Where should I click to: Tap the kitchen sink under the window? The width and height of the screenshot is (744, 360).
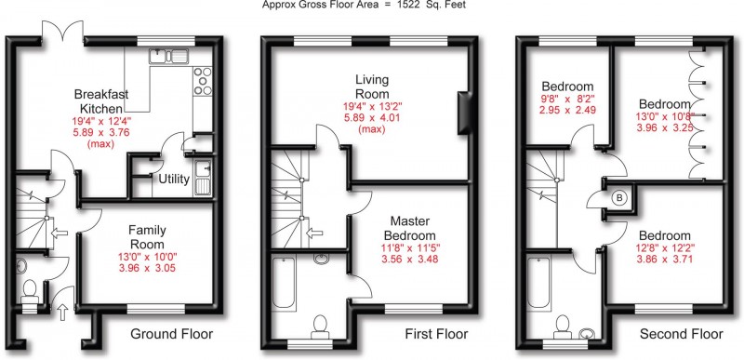(170, 55)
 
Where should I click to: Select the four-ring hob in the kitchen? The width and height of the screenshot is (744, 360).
(200, 85)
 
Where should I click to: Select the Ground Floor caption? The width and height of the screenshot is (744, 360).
(171, 334)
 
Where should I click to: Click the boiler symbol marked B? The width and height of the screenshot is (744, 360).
(618, 197)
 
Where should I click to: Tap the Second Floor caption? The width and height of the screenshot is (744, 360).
(682, 334)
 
